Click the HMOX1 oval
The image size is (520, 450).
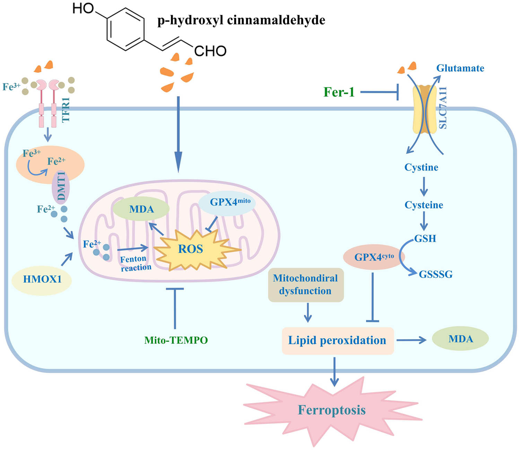click(42, 279)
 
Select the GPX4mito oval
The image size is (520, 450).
click(227, 202)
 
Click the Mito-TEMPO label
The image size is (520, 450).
click(176, 340)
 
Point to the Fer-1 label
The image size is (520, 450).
click(339, 92)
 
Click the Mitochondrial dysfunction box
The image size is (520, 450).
click(305, 285)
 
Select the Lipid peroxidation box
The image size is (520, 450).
click(337, 341)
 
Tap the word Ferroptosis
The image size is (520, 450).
click(332, 410)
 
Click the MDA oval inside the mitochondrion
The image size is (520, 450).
click(141, 209)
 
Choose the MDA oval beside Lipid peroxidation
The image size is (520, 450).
click(460, 339)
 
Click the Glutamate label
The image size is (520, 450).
click(460, 68)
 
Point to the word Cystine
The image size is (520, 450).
click(421, 167)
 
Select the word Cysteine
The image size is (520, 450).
click(424, 205)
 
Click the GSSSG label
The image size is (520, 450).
click(435, 274)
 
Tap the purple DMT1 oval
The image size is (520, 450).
click(61, 186)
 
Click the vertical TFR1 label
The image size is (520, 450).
click(66, 110)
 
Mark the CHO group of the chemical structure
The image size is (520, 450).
click(210, 51)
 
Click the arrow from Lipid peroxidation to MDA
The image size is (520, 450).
click(411, 340)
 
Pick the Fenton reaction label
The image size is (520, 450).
click(135, 263)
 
